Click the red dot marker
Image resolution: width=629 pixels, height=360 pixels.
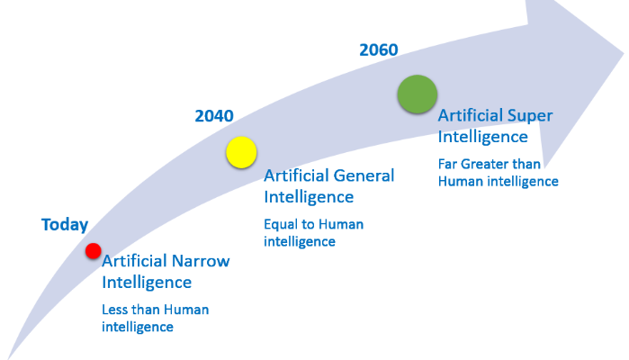tap(94, 251)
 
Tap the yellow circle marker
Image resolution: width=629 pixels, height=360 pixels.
tap(241, 152)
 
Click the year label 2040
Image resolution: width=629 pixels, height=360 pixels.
tap(214, 116)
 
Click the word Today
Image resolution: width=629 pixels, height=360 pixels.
tap(65, 225)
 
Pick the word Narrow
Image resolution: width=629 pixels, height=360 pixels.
tap(200, 262)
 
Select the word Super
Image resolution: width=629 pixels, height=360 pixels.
tap(529, 116)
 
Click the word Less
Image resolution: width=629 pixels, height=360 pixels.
tap(115, 310)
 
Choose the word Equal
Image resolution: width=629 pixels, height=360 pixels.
tap(281, 224)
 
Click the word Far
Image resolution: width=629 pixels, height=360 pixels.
tap(449, 164)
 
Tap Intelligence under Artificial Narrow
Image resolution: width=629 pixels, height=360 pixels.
tap(147, 283)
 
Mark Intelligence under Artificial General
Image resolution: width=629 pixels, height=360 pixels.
tap(309, 196)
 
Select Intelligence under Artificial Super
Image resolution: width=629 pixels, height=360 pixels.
tap(482, 137)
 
